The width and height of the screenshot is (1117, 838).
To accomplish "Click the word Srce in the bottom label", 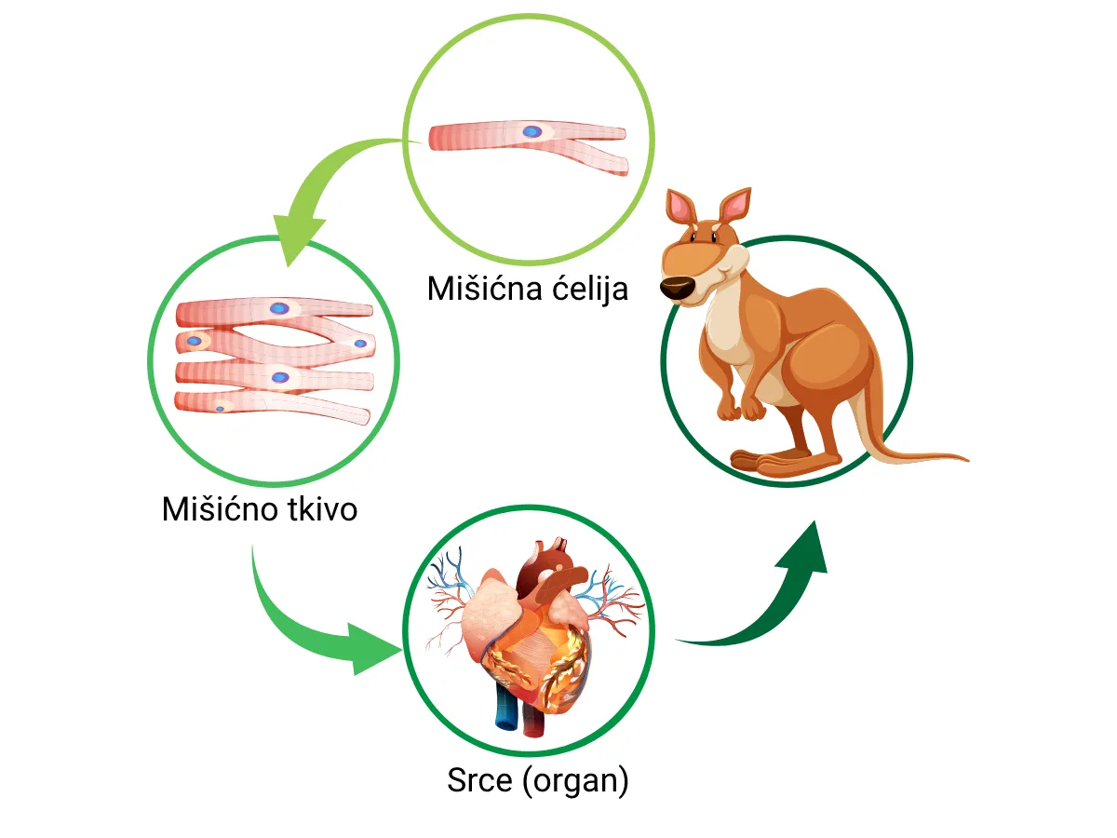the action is tap(479, 780).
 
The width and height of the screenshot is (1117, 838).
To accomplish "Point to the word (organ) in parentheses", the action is tap(576, 781).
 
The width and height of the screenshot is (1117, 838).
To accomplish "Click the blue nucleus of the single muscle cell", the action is tap(532, 132).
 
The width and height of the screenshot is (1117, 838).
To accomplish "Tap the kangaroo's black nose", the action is tap(677, 288).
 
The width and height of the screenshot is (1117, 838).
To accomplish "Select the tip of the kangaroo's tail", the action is tap(968, 460).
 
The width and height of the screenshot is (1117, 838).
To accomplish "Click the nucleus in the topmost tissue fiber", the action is tap(279, 308).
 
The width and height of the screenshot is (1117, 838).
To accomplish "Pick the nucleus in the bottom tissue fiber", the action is tap(221, 409).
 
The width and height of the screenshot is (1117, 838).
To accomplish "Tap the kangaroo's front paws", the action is tap(741, 407).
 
